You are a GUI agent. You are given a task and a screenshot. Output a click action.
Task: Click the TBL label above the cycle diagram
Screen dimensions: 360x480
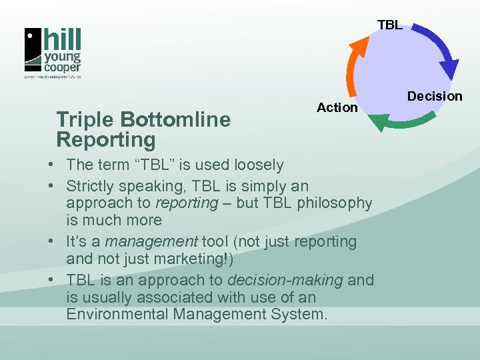pyautogui.click(x=389, y=25)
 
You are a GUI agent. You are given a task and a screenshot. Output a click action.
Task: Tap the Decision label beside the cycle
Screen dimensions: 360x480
pyautogui.click(x=435, y=96)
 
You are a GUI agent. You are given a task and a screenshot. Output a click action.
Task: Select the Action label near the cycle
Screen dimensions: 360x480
pyautogui.click(x=337, y=107)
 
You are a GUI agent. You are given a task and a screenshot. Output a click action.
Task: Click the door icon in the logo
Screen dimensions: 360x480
pyautogui.click(x=33, y=49)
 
